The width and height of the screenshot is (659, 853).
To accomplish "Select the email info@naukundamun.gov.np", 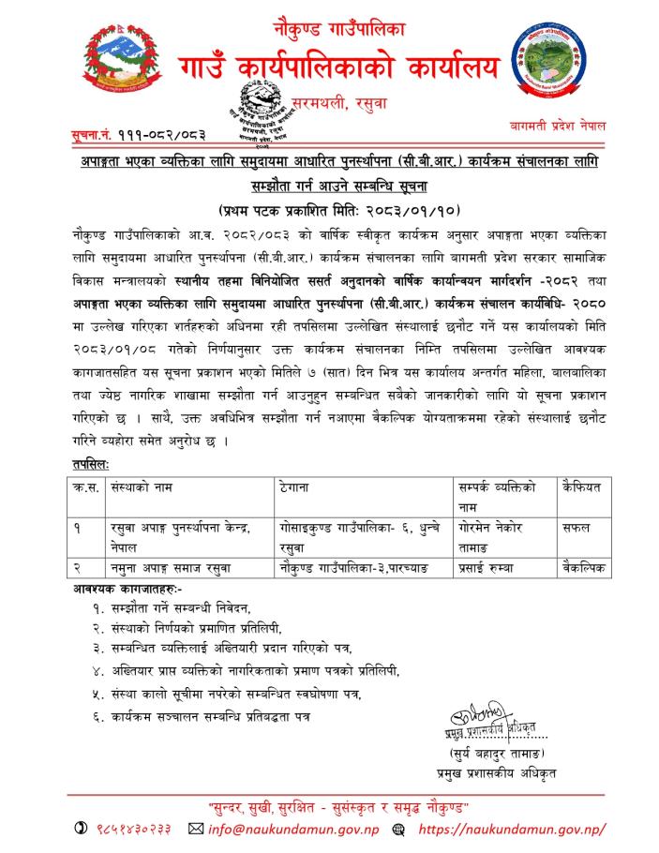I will coord(290,831).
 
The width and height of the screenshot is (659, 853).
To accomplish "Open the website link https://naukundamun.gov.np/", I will coord(511,831).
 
